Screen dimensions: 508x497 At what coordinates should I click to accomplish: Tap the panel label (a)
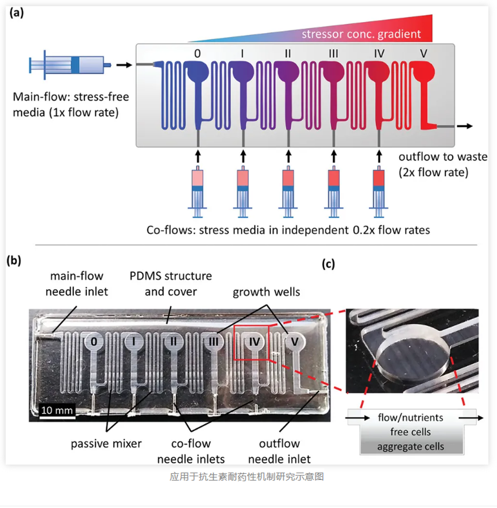click(17, 13)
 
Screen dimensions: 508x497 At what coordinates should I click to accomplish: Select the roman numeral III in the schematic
click(334, 54)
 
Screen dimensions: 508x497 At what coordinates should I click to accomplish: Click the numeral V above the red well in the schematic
click(423, 54)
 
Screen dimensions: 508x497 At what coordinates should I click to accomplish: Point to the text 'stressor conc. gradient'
click(361, 34)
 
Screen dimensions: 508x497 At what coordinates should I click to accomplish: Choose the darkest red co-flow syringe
click(379, 188)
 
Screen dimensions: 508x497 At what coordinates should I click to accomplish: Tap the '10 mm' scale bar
click(56, 410)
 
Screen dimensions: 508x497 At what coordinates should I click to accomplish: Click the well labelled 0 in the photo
click(94, 342)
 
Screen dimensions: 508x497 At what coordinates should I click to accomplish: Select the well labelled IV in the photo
click(254, 342)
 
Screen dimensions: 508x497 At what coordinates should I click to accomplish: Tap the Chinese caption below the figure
click(247, 477)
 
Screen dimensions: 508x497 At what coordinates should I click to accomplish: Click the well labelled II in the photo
click(173, 342)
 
